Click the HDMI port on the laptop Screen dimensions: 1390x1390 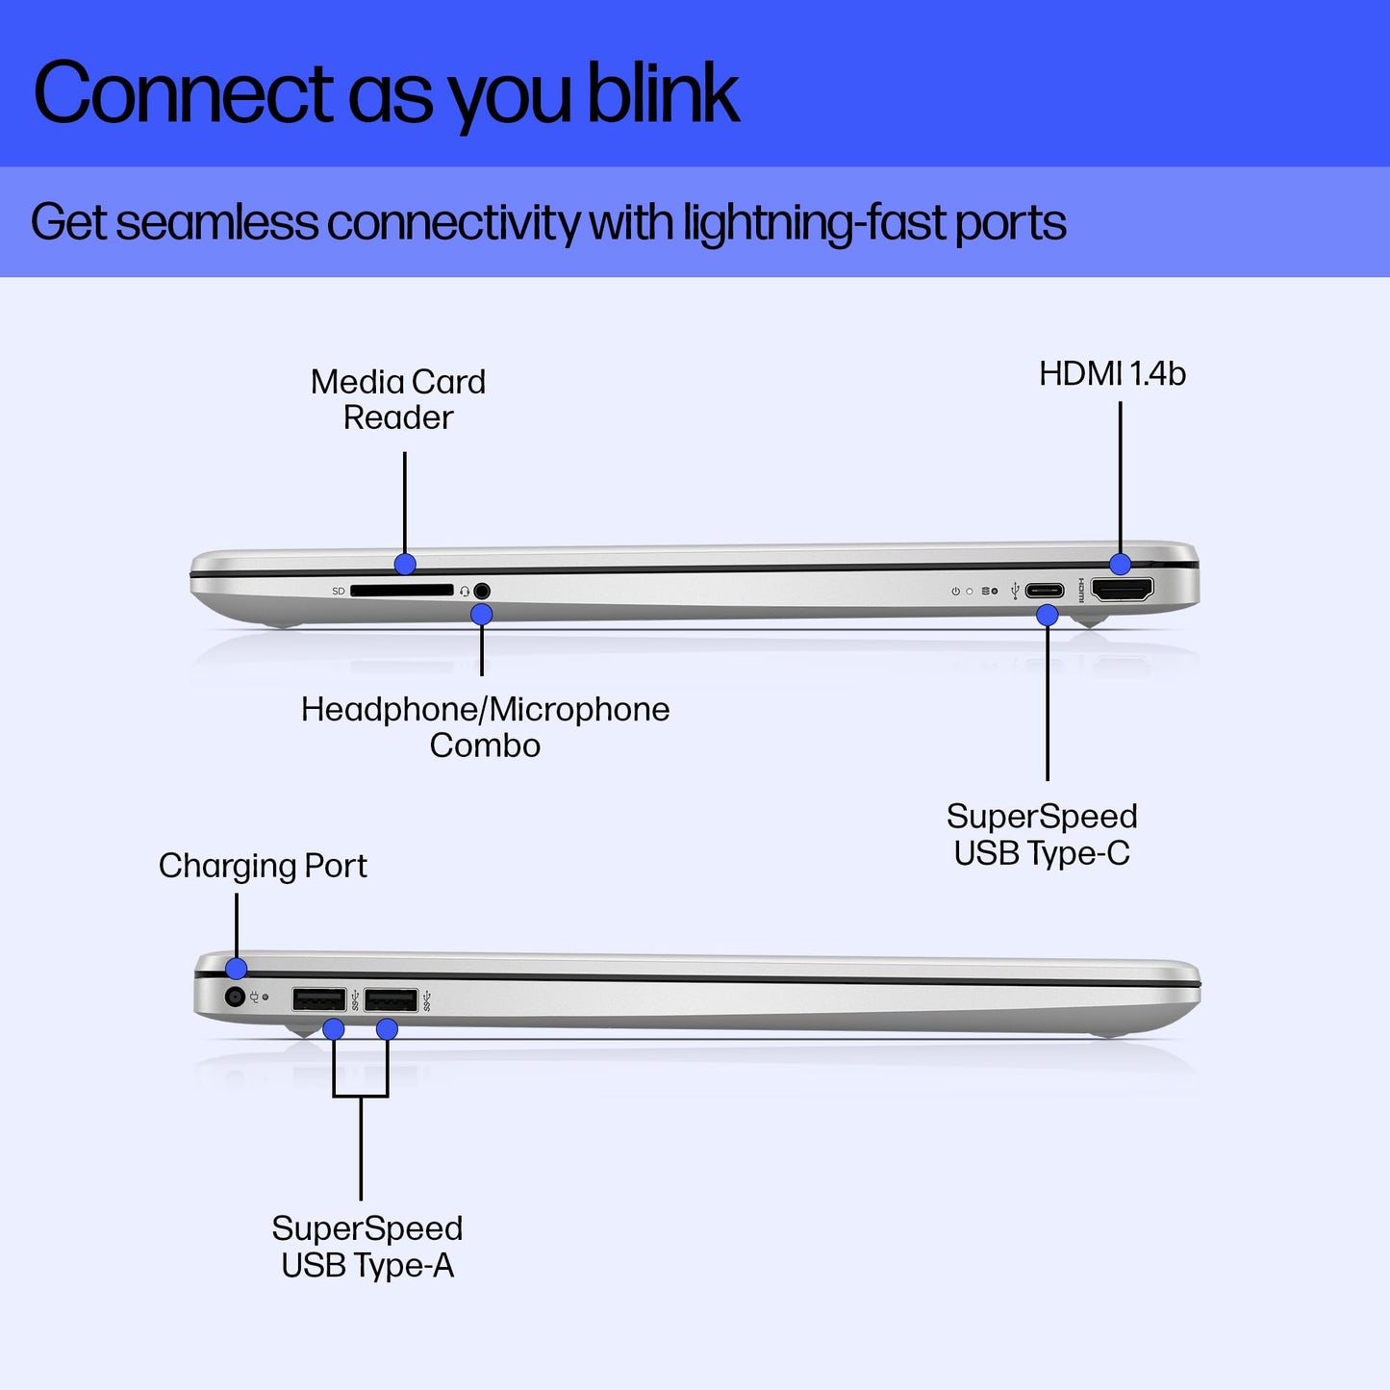(x=1122, y=590)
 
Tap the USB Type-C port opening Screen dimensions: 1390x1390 (x=1044, y=591)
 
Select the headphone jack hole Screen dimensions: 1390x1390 (x=482, y=591)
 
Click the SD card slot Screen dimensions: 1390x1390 (x=401, y=591)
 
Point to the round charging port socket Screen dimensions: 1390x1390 (x=234, y=997)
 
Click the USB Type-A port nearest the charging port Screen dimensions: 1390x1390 (x=318, y=1000)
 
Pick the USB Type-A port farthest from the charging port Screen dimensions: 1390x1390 (x=391, y=1000)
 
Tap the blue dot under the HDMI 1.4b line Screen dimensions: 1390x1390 (x=1120, y=564)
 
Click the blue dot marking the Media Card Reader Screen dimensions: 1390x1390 (x=405, y=564)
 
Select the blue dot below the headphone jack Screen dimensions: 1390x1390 (x=482, y=614)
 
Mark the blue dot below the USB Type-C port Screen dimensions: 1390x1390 (x=1048, y=615)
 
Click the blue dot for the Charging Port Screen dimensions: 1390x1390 (x=236, y=969)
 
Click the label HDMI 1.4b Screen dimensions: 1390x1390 (x=1112, y=374)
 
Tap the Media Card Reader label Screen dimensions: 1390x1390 (x=398, y=399)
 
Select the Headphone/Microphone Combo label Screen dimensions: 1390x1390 (x=485, y=727)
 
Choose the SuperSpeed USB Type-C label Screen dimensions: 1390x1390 (x=1042, y=834)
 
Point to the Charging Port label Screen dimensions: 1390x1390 (x=263, y=866)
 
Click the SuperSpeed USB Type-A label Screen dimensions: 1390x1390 (x=366, y=1247)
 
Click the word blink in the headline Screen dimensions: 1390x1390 (x=663, y=93)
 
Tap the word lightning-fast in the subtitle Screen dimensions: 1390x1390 (x=815, y=223)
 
